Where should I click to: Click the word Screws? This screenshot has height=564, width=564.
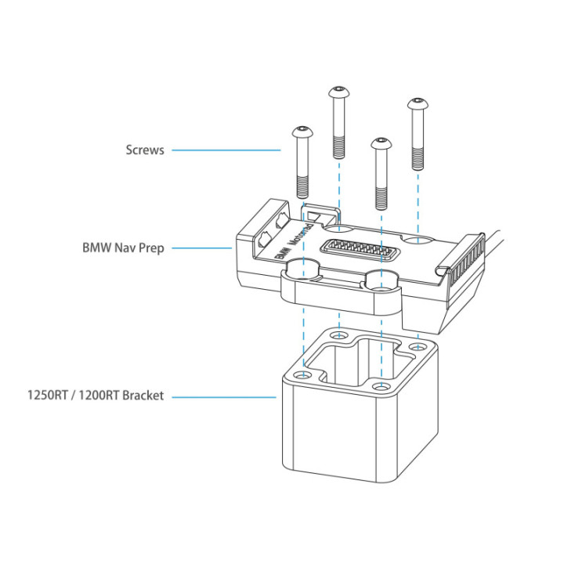tap(145, 150)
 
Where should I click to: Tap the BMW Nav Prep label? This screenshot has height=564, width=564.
tap(123, 248)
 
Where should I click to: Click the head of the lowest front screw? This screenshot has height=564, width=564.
tap(381, 143)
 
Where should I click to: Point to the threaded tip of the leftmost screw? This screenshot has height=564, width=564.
tap(302, 187)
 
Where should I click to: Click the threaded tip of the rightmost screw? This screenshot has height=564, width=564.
tap(418, 160)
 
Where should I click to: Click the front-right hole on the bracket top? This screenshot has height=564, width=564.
tap(381, 387)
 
